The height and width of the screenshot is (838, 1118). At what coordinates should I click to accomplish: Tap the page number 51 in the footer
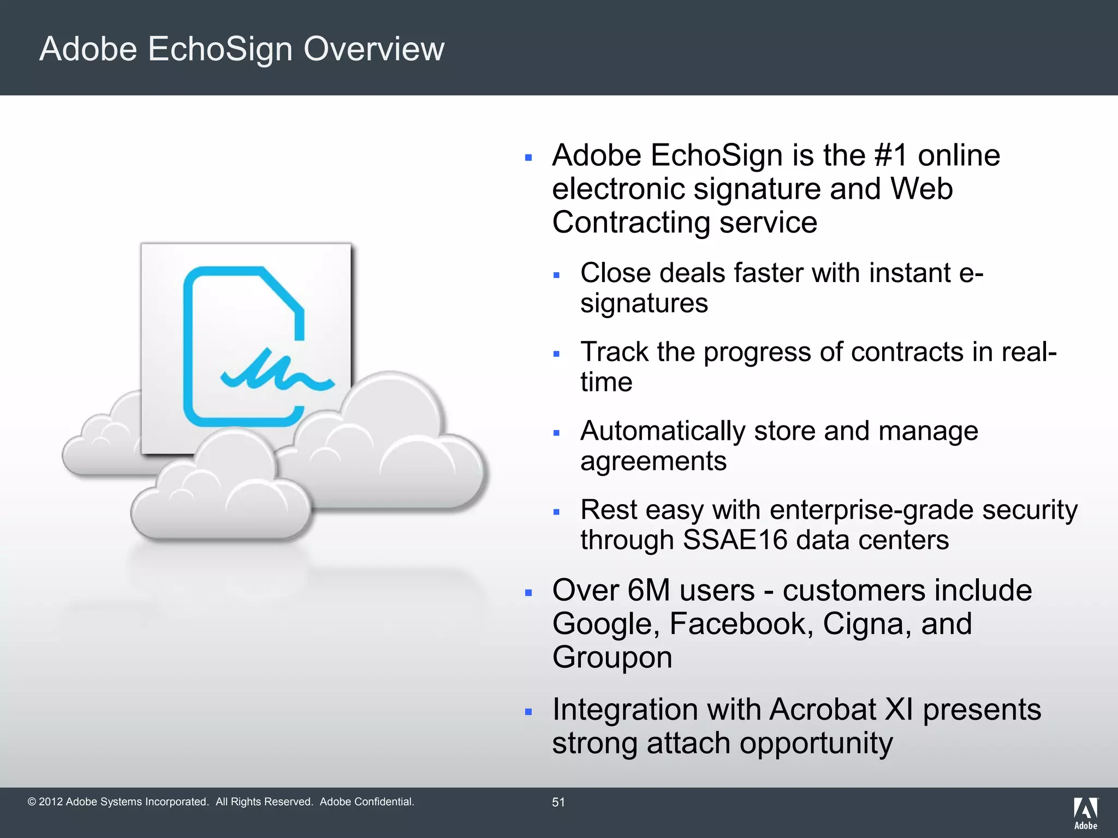tap(558, 802)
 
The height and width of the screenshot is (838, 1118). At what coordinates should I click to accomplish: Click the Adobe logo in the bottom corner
tap(1085, 813)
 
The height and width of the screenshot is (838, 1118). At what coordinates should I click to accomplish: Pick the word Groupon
tap(612, 657)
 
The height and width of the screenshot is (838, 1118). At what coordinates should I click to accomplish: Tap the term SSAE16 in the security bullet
tap(734, 540)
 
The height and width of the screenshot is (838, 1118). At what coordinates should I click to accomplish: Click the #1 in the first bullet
tap(891, 155)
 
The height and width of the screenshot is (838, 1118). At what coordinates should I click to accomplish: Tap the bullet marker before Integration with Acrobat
tap(528, 712)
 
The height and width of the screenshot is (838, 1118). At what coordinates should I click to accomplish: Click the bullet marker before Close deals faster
tap(556, 276)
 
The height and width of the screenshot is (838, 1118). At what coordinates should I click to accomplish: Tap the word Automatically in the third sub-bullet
tap(662, 431)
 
